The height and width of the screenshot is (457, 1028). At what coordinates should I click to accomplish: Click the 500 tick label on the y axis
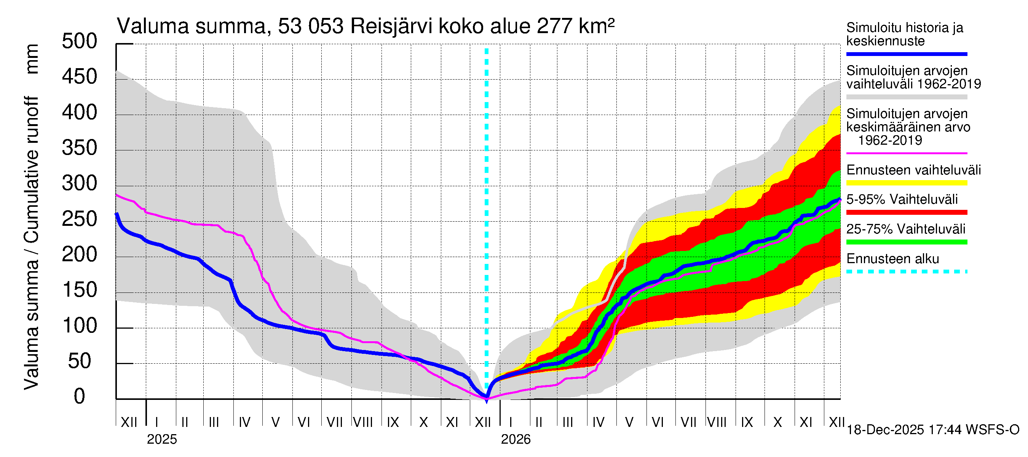80,42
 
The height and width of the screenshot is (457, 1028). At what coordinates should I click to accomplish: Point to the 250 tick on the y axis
80,219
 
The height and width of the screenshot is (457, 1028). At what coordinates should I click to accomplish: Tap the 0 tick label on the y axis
80,396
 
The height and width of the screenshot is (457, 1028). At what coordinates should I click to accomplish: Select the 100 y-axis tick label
80,326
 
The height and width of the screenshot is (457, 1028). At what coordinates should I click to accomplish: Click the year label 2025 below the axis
161,439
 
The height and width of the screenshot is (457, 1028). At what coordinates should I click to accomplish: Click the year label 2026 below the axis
516,439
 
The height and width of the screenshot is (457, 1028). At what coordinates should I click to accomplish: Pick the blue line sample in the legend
906,54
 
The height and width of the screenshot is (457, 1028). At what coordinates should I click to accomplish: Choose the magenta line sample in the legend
906,153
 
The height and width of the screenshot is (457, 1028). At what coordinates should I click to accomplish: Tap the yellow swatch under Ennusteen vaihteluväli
906,183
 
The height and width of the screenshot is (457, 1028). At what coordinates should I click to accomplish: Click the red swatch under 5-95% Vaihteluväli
906,213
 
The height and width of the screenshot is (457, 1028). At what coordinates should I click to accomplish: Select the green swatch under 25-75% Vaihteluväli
906,242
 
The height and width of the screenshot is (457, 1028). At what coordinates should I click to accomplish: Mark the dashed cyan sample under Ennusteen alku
906,272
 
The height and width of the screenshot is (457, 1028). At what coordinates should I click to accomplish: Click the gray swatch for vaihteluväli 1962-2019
906,97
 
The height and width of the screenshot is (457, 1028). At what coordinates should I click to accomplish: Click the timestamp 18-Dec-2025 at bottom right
885,430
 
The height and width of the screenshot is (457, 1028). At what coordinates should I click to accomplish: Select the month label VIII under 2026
717,422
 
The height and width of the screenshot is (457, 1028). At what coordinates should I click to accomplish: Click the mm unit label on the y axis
32,59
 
